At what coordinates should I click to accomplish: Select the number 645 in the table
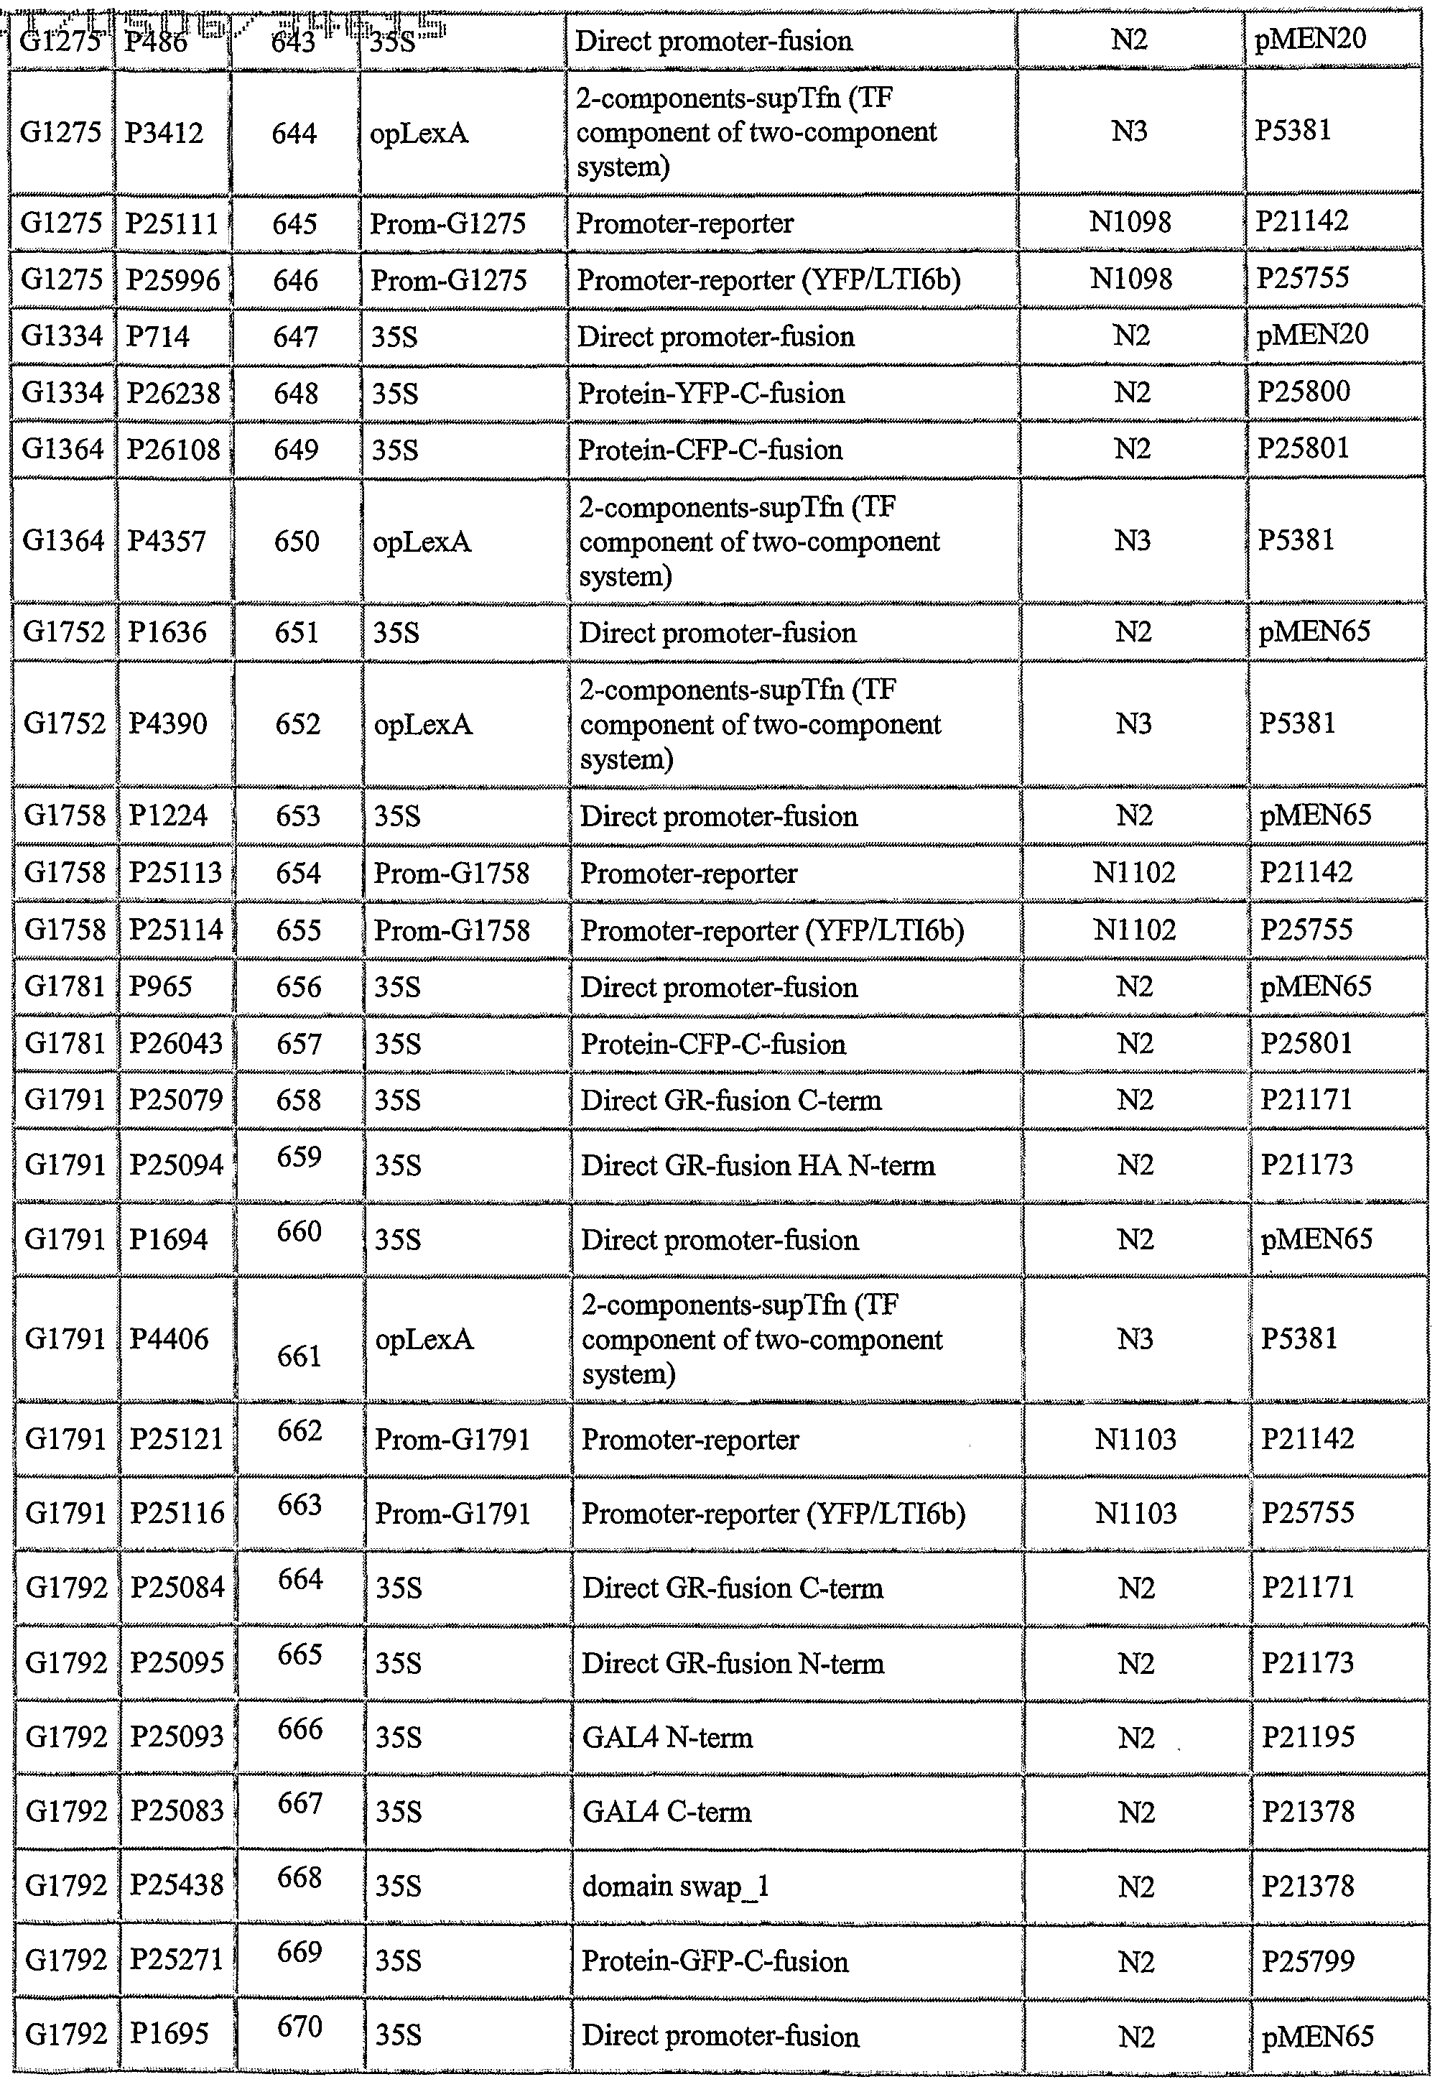pyautogui.click(x=294, y=223)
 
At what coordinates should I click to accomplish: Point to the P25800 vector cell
pyautogui.click(x=1303, y=392)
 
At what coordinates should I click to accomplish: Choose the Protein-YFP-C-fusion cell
pyautogui.click(x=711, y=394)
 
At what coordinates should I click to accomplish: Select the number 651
pyautogui.click(x=297, y=632)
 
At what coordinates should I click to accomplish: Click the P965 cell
pyautogui.click(x=161, y=986)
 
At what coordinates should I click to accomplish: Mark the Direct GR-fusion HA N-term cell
pyautogui.click(x=757, y=1165)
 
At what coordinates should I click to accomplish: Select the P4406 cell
pyautogui.click(x=169, y=1339)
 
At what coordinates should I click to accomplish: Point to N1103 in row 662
pyautogui.click(x=1135, y=1439)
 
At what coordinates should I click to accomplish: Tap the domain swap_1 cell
pyautogui.click(x=675, y=1886)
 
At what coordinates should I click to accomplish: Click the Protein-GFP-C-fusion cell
pyautogui.click(x=715, y=1961)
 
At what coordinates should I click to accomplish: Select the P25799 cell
pyautogui.click(x=1307, y=1961)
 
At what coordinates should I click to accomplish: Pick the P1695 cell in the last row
pyautogui.click(x=169, y=2035)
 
